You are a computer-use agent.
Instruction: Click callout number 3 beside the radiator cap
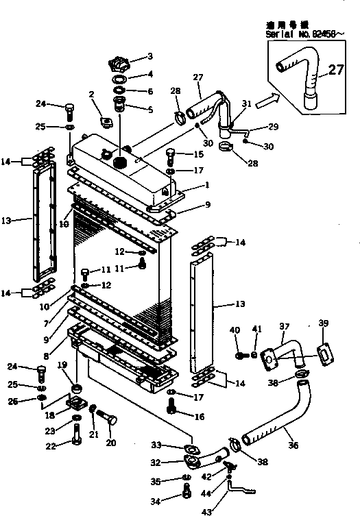pos(150,56)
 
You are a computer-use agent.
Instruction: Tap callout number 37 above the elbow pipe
pos(283,326)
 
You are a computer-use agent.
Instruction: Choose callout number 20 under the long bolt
pos(111,443)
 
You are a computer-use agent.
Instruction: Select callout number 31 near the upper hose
pos(247,103)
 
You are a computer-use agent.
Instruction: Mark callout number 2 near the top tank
pos(91,94)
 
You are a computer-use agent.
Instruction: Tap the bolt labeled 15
pos(171,155)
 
